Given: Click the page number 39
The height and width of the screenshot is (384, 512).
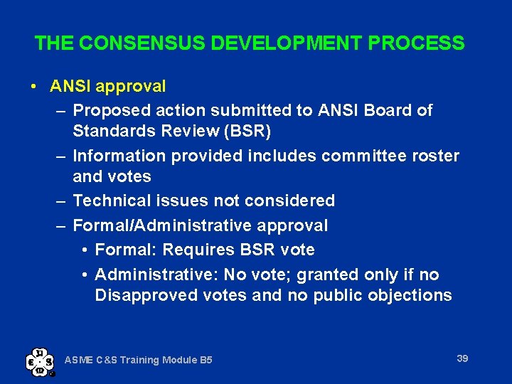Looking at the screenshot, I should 462,358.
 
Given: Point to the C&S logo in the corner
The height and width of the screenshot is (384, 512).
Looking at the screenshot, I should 40,361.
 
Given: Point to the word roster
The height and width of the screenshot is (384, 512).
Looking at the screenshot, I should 435,156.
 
